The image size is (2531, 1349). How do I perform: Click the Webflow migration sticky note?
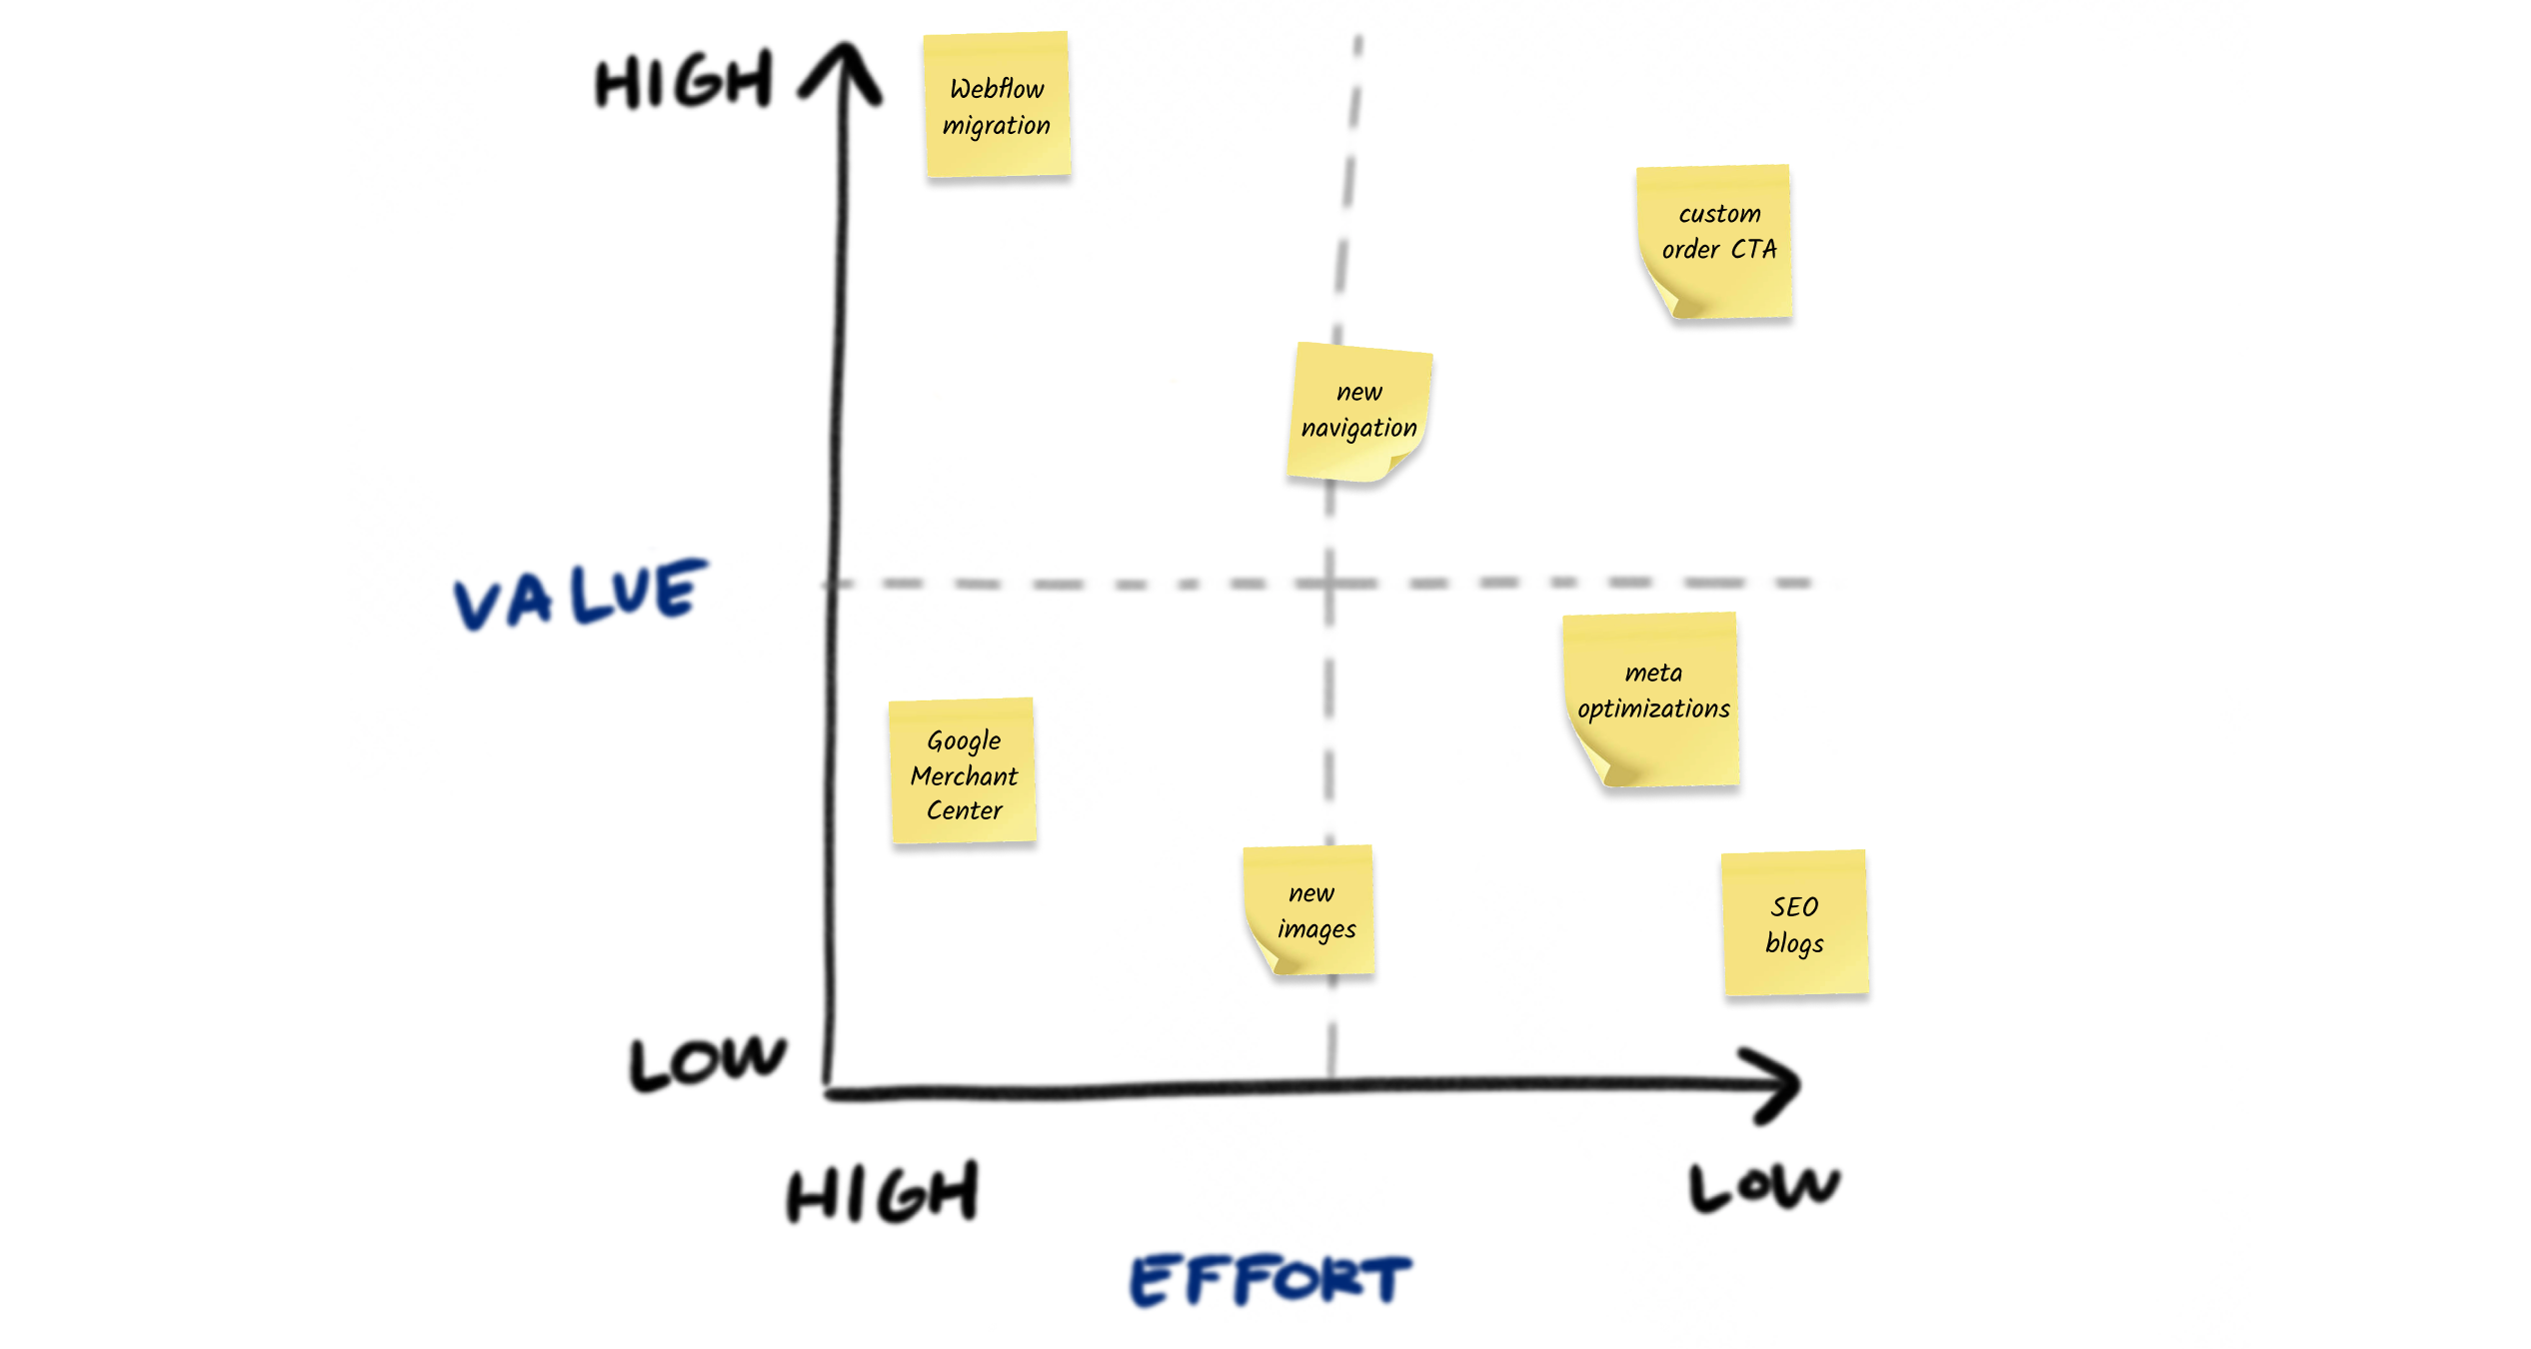997,105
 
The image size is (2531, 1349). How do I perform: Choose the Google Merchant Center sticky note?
964,771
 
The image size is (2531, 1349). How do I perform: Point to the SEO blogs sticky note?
1795,923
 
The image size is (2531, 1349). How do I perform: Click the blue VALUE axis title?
580,594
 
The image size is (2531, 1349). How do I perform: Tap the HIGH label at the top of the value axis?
684,82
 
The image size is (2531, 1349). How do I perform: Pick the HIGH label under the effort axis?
882,1193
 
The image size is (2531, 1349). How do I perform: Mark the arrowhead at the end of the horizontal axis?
1779,1085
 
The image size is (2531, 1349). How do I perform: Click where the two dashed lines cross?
1330,583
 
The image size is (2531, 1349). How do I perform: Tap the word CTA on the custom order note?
1754,249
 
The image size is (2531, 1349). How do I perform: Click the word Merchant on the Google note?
964,776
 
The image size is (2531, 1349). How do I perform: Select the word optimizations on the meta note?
1653,708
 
